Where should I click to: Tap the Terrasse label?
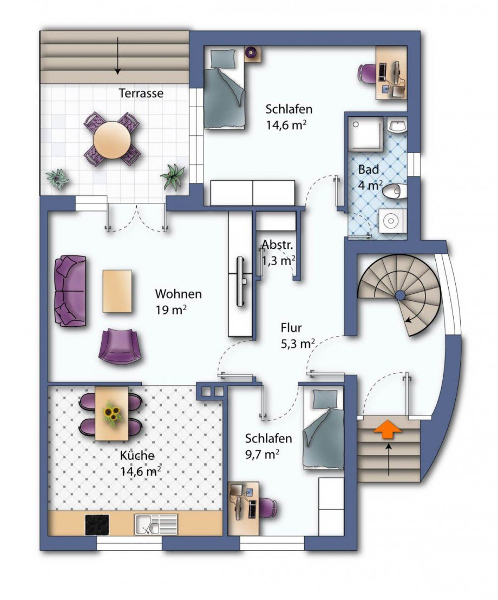click(141, 93)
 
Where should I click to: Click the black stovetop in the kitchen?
click(97, 524)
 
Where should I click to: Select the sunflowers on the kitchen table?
click(112, 414)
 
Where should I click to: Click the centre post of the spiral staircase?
click(399, 295)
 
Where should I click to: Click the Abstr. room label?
click(278, 245)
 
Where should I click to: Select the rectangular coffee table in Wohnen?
click(117, 291)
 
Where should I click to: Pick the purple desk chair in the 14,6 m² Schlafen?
click(367, 72)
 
